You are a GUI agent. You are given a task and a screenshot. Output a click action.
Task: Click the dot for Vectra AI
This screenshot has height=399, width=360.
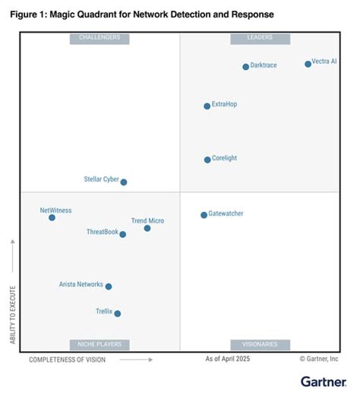click(x=308, y=64)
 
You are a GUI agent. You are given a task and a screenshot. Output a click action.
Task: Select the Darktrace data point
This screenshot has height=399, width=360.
click(x=245, y=67)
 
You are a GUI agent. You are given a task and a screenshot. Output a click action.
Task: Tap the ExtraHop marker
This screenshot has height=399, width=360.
click(x=207, y=106)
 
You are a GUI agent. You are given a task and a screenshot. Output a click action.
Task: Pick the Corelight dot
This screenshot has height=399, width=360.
click(x=207, y=160)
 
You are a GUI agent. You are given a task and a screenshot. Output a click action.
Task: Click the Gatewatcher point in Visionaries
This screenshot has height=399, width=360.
click(x=204, y=215)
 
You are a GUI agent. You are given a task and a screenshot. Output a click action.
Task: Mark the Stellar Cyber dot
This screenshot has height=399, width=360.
click(x=124, y=182)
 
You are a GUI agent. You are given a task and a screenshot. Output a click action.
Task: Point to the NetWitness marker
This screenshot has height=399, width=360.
click(x=52, y=217)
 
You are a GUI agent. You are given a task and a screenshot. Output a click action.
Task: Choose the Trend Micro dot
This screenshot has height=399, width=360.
click(x=147, y=228)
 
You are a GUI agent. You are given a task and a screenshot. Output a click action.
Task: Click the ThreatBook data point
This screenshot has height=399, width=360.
click(x=122, y=234)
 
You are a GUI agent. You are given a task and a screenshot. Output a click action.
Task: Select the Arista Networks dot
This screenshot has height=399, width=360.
click(x=109, y=287)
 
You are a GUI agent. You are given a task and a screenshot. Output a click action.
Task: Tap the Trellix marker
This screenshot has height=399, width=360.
click(x=117, y=313)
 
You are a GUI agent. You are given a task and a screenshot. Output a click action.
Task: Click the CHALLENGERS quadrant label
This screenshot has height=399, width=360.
click(x=99, y=38)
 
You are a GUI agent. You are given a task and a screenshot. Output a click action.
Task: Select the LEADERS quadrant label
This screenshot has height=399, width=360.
click(x=260, y=38)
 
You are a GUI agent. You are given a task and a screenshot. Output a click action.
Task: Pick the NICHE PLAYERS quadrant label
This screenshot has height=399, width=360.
click(x=99, y=344)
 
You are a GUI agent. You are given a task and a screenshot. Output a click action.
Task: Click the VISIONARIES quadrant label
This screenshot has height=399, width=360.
click(x=260, y=344)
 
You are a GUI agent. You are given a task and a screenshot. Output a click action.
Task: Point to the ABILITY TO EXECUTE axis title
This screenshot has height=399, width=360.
click(x=13, y=314)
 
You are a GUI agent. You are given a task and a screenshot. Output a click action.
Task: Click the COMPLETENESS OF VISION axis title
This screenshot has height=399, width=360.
click(x=68, y=359)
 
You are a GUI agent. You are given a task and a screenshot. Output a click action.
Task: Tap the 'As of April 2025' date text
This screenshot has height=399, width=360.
click(x=227, y=359)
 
